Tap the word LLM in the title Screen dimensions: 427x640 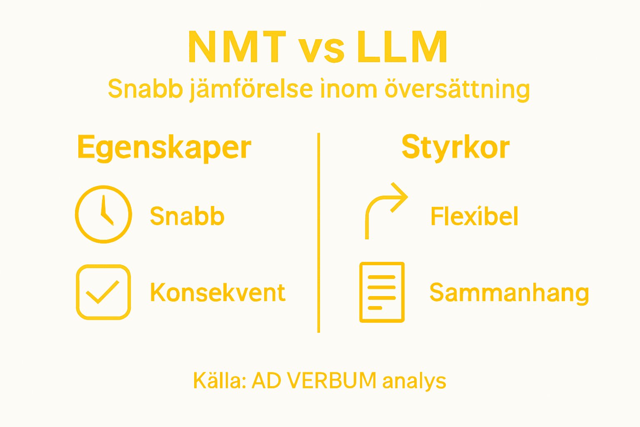pyautogui.click(x=402, y=47)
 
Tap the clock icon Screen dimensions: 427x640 pyautogui.click(x=103, y=214)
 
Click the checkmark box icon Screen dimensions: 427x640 pyautogui.click(x=103, y=292)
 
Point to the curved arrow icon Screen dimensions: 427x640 pyautogui.click(x=385, y=208)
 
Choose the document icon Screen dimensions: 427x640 pyautogui.click(x=382, y=292)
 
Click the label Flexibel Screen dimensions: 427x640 pyautogui.click(x=474, y=216)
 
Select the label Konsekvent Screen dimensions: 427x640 pyautogui.click(x=217, y=292)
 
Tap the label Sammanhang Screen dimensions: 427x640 pyautogui.click(x=509, y=293)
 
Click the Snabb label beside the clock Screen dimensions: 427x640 pyautogui.click(x=187, y=216)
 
